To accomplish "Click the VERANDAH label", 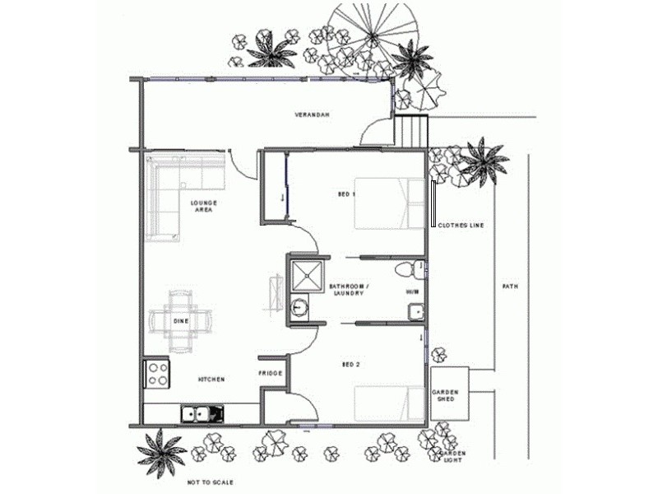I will [312, 115].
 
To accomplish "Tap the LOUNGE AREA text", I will [204, 206].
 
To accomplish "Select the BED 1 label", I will [345, 194].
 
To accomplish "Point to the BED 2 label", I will [350, 363].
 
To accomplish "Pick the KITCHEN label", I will [211, 380].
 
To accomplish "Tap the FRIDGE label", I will [271, 374].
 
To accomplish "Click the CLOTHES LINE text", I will [461, 225].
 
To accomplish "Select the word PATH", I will [510, 287].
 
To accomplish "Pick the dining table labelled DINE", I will [181, 319].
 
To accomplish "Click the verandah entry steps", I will [412, 130].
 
